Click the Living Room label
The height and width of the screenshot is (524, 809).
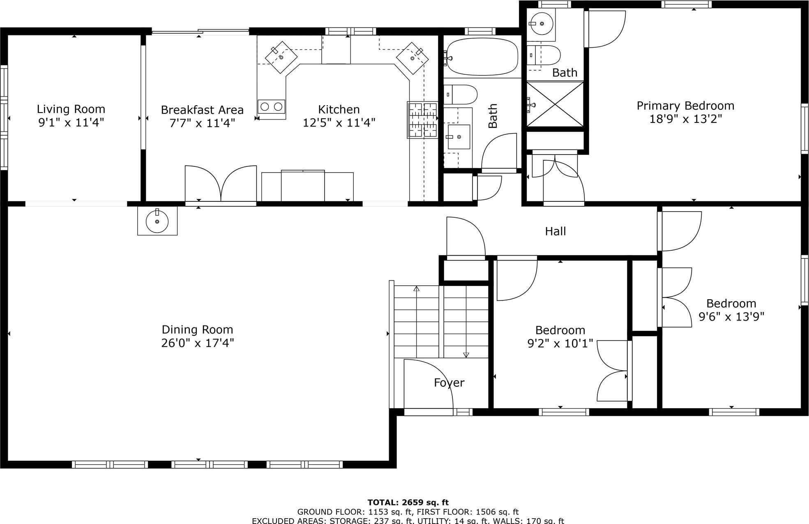click(71, 109)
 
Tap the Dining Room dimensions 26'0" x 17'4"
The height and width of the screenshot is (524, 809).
click(197, 343)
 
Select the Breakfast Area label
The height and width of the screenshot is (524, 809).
click(202, 110)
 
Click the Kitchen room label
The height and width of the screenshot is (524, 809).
click(339, 109)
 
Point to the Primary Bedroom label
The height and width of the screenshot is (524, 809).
click(685, 106)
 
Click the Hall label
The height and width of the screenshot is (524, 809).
click(555, 231)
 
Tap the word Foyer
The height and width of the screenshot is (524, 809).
click(449, 383)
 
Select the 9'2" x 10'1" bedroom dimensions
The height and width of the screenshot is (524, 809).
click(560, 343)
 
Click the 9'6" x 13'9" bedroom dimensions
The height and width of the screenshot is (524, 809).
click(731, 317)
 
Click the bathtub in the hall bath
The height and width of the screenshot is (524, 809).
click(482, 57)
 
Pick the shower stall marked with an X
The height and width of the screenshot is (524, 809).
click(555, 104)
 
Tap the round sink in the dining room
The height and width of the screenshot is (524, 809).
click(157, 221)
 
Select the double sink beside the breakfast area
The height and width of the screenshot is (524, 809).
click(272, 107)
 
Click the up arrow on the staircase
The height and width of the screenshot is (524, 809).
click(416, 289)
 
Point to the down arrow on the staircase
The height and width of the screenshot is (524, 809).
click(466, 355)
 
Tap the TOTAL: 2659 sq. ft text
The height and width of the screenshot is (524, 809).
click(408, 502)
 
